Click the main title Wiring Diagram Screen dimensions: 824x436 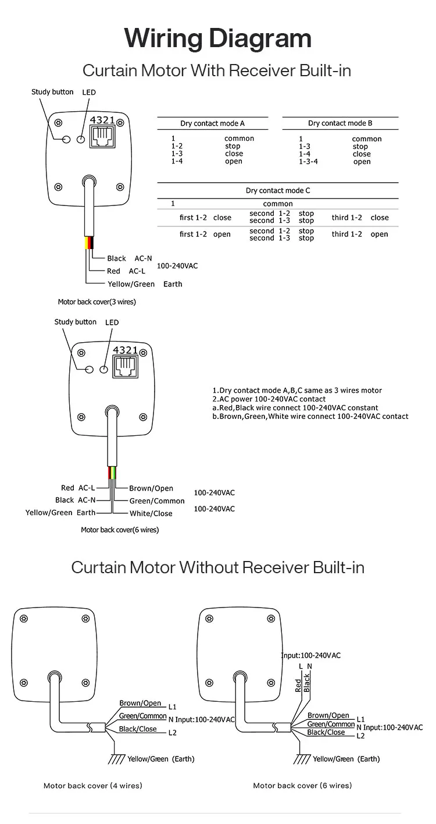(x=218, y=38)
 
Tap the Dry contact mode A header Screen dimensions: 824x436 (x=212, y=123)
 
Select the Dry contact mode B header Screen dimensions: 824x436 (x=340, y=123)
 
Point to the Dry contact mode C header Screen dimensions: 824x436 (x=278, y=190)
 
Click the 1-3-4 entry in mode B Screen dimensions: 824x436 (x=308, y=162)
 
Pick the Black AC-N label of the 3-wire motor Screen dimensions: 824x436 (x=129, y=258)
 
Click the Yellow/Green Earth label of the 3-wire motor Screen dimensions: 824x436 (x=145, y=284)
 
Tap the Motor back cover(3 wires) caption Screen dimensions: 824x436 (x=97, y=302)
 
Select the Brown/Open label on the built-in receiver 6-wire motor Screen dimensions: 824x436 (x=151, y=488)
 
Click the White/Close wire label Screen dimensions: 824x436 (x=151, y=513)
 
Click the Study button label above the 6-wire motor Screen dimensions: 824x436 (x=76, y=322)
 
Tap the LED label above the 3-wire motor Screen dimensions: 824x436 (x=89, y=93)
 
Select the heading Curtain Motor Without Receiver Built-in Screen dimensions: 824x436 (x=218, y=567)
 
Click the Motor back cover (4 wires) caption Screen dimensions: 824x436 (x=93, y=786)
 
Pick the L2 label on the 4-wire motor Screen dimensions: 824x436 (x=172, y=733)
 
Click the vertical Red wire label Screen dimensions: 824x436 (x=298, y=684)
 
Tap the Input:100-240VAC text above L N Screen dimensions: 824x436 (x=311, y=655)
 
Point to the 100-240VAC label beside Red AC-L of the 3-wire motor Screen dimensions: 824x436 (x=177, y=266)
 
